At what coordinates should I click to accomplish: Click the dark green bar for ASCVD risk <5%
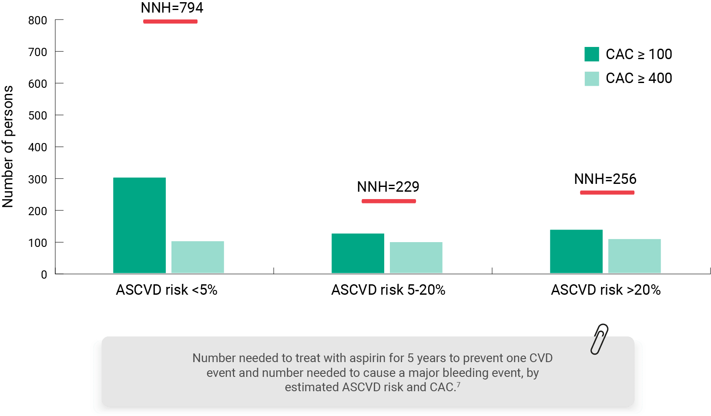pyautogui.click(x=139, y=225)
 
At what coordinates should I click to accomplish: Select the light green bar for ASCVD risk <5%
pyautogui.click(x=198, y=257)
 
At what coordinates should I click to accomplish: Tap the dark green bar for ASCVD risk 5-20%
pyautogui.click(x=358, y=253)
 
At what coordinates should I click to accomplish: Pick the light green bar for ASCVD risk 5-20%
pyautogui.click(x=416, y=258)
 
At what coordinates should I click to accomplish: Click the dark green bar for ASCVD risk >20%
pyautogui.click(x=576, y=251)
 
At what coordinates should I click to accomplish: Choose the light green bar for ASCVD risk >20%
pyautogui.click(x=634, y=256)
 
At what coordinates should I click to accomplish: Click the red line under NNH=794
pyautogui.click(x=170, y=21)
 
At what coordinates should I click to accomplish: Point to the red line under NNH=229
pyautogui.click(x=389, y=201)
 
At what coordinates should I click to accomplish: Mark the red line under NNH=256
pyautogui.click(x=607, y=192)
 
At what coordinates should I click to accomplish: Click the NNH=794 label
pyautogui.click(x=172, y=8)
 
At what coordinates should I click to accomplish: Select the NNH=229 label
pyautogui.click(x=388, y=187)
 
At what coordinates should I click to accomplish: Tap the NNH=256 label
pyautogui.click(x=605, y=179)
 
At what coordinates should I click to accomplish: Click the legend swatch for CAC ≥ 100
pyautogui.click(x=592, y=54)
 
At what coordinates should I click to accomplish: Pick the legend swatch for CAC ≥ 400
pyautogui.click(x=592, y=78)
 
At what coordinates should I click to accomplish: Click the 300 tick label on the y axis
pyautogui.click(x=38, y=179)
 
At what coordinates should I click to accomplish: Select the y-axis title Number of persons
pyautogui.click(x=8, y=147)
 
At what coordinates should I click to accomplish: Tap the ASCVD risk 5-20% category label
pyautogui.click(x=388, y=290)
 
